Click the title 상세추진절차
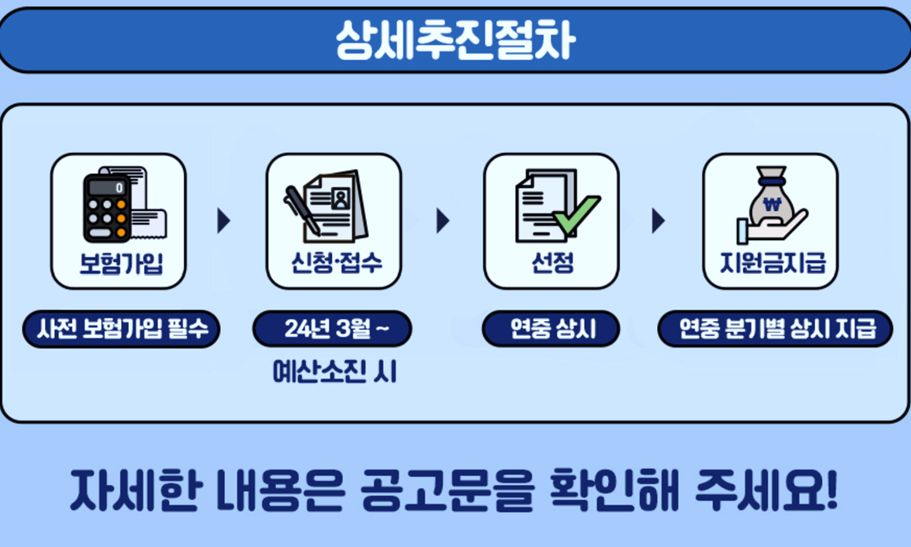click(x=455, y=40)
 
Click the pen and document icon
click(x=325, y=205)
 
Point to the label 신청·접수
click(x=335, y=264)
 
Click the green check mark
click(x=577, y=215)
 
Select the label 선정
click(x=551, y=264)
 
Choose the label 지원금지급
click(x=772, y=264)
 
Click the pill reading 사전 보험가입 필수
click(x=121, y=330)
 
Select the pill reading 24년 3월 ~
click(x=333, y=330)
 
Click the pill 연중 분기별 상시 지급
click(x=776, y=330)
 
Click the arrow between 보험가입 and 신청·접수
click(x=224, y=221)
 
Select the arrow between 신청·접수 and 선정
click(x=443, y=221)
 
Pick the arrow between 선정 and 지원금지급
click(x=658, y=221)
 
